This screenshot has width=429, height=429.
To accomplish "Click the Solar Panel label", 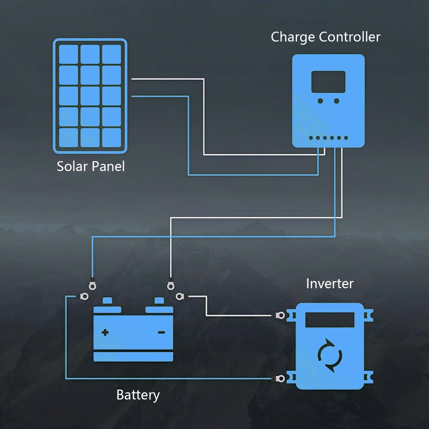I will tap(91, 166).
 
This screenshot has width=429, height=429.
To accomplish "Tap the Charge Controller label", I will tap(325, 37).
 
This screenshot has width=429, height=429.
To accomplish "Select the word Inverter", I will tap(329, 284).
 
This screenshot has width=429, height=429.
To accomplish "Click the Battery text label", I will tap(138, 395).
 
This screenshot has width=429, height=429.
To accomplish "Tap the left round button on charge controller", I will tap(320, 101).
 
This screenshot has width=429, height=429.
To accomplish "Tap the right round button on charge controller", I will tap(336, 101).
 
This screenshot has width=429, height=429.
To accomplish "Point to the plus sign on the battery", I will tap(105, 332).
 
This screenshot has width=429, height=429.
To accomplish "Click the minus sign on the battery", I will tap(161, 332).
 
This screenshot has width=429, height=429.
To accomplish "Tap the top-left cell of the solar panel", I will tap(69, 54).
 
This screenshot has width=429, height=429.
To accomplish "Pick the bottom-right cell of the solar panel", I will tap(112, 138).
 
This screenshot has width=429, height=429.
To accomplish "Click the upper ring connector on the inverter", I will tap(281, 315).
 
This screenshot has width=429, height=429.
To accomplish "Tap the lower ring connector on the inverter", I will tap(281, 378).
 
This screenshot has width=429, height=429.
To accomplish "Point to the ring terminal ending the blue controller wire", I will tap(91, 284).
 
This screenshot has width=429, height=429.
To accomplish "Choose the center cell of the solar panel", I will tap(90, 96).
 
